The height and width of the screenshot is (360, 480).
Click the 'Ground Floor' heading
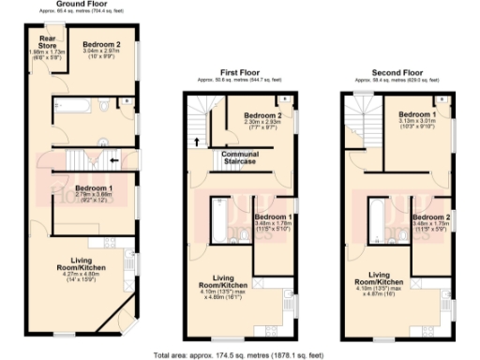click(x=81, y=4)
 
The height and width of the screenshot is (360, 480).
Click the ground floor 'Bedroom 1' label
click(x=94, y=187)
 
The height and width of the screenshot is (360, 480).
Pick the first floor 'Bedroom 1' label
click(x=273, y=217)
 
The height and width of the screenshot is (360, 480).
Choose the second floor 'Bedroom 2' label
click(x=430, y=217)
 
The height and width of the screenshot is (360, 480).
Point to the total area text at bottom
click(x=239, y=354)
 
